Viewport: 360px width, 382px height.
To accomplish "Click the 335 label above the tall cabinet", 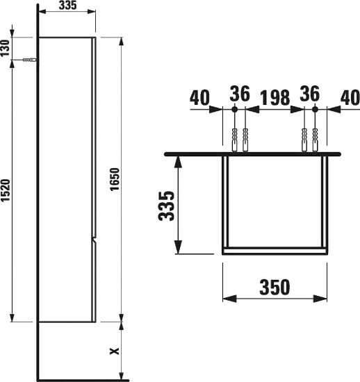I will (67, 6).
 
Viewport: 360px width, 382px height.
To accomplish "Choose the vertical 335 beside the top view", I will (166, 205).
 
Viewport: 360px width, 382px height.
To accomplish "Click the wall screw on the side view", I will (28, 60).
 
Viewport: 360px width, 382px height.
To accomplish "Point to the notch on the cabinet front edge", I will (93, 241).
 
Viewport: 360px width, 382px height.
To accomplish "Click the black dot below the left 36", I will (235, 110).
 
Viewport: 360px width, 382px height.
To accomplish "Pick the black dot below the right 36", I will (315, 110).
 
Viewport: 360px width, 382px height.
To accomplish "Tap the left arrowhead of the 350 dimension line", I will (225, 299).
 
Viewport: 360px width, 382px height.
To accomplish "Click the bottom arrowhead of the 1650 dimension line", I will (122, 319).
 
